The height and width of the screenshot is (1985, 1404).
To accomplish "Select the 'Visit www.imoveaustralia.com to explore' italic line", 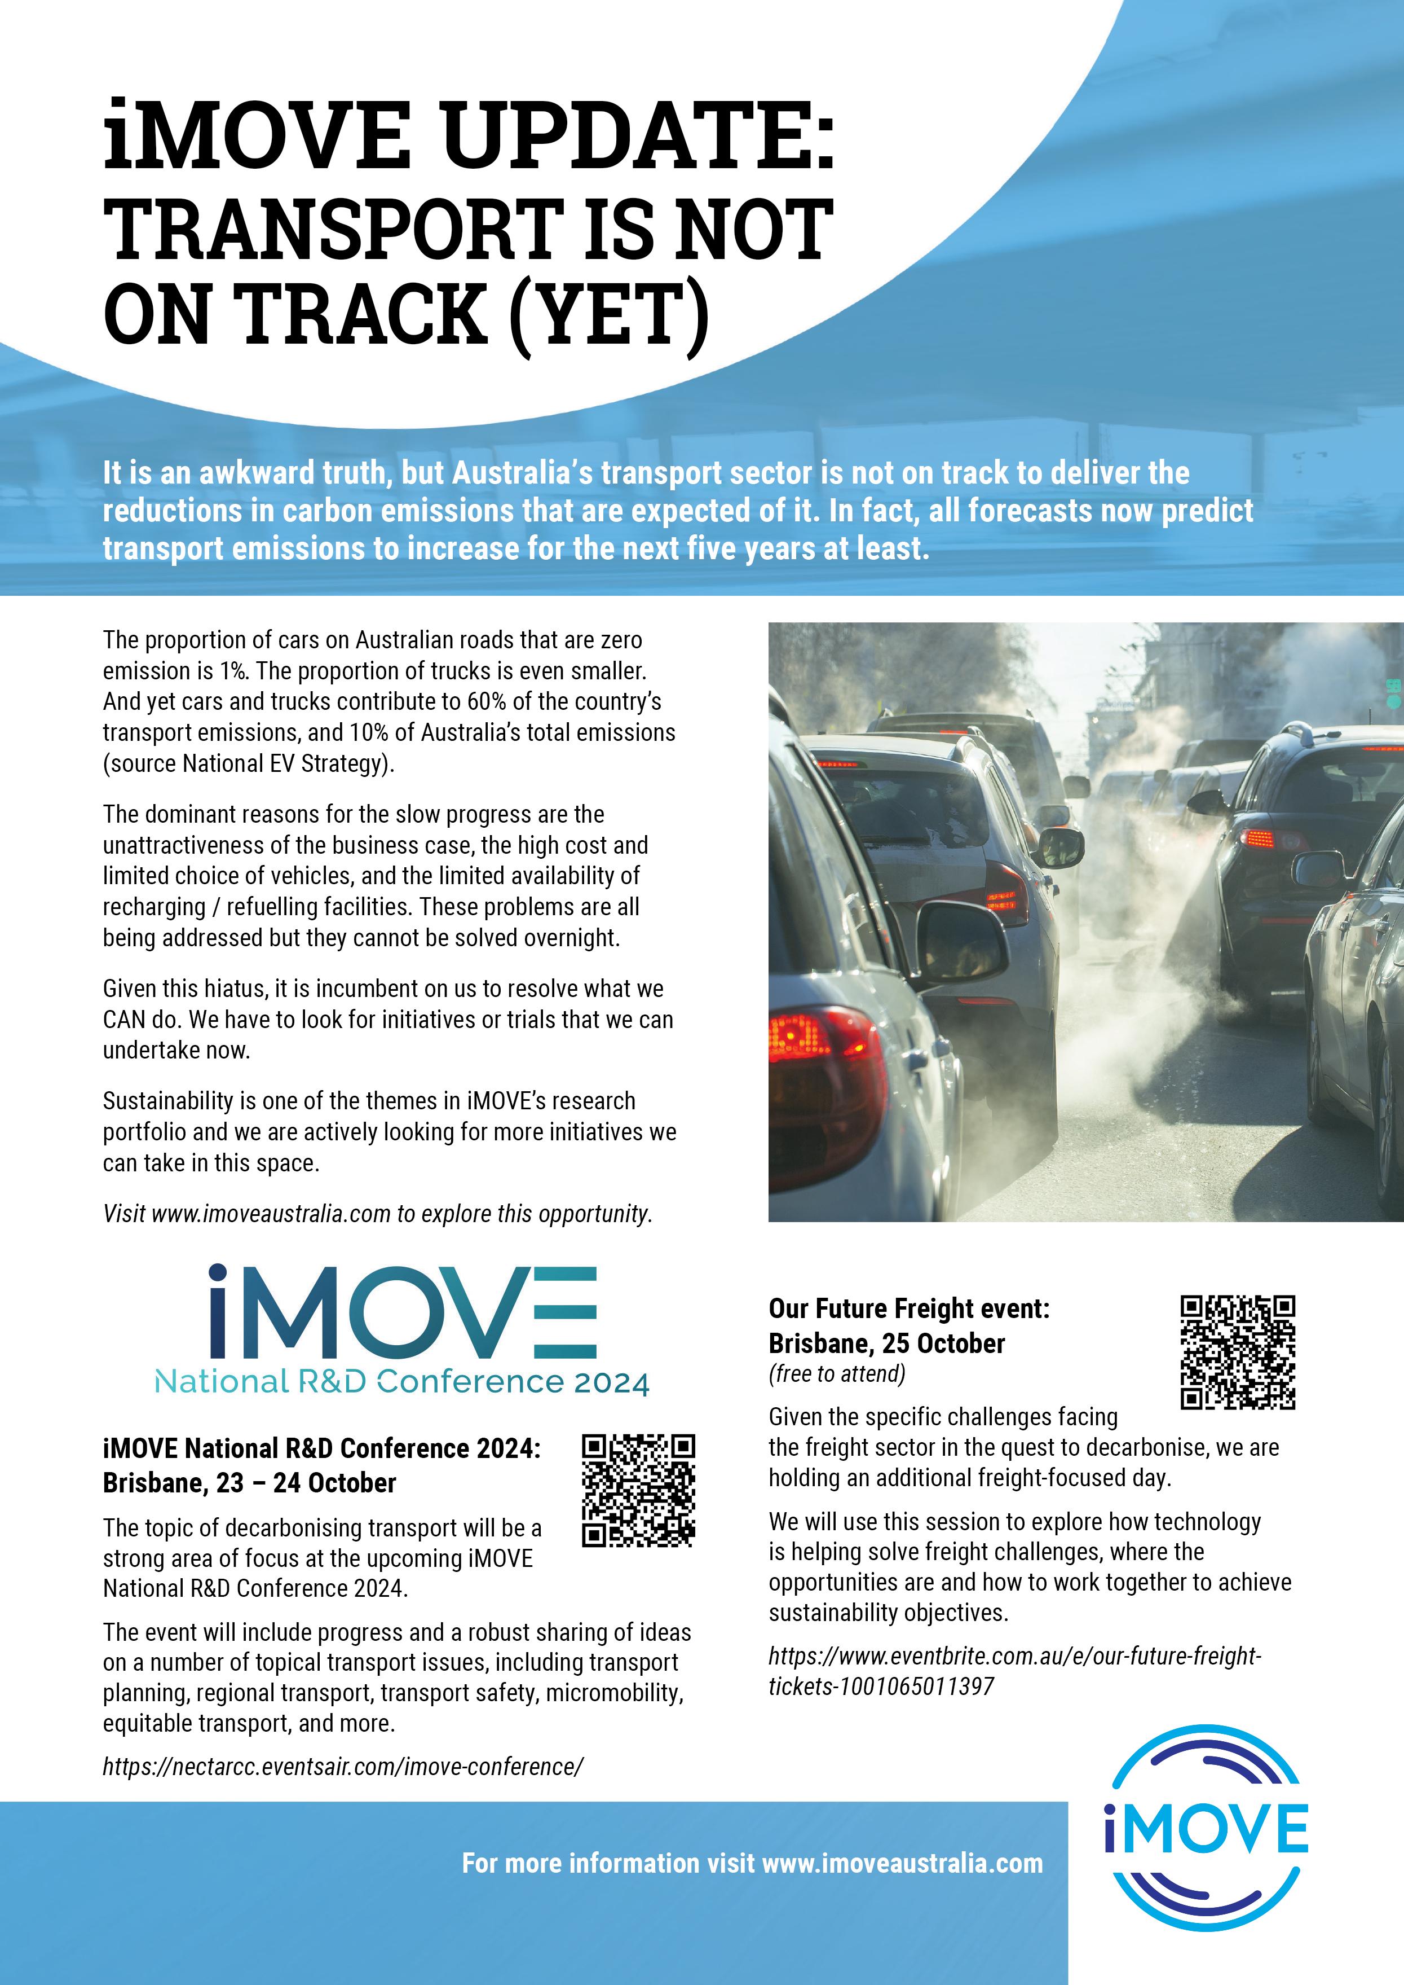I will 377,1214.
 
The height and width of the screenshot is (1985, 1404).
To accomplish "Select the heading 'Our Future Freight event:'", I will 908,1308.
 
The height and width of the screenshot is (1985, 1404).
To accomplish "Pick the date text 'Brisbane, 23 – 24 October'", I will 249,1482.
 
